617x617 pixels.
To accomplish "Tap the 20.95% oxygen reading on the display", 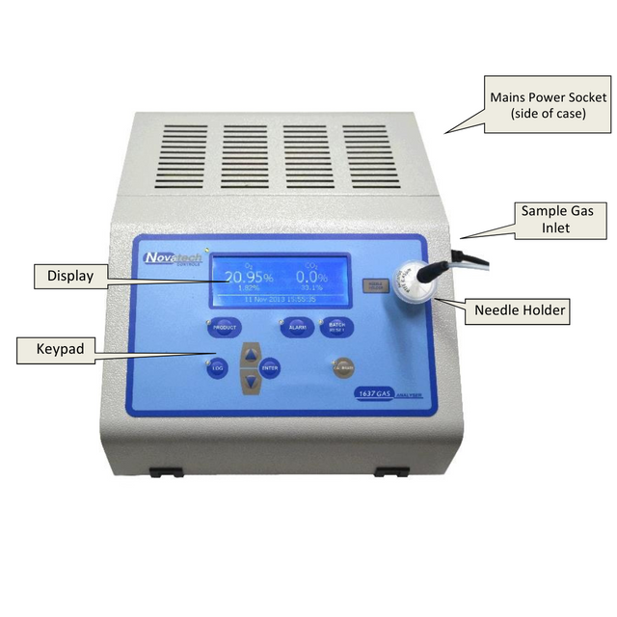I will (248, 278).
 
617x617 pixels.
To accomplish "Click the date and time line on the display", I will (278, 300).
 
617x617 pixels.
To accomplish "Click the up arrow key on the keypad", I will (251, 355).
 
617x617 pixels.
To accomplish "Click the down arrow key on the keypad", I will (251, 381).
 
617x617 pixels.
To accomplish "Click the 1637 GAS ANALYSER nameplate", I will (391, 393).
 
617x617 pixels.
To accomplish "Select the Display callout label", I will (70, 277).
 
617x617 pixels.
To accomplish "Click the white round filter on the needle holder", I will (414, 282).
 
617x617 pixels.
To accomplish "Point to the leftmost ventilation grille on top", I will (184, 155).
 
